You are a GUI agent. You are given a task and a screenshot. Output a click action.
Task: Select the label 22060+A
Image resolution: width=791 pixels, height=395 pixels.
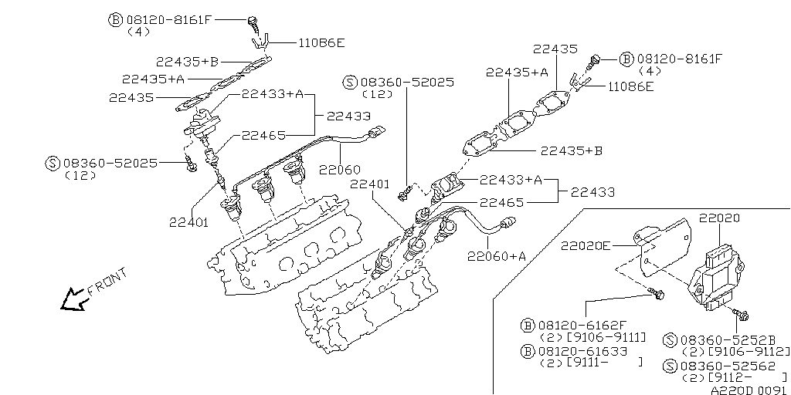(496, 256)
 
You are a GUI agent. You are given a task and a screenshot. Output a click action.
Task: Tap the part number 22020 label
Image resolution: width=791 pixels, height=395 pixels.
(719, 218)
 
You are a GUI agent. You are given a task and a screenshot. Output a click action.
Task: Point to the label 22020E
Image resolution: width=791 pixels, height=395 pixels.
(585, 246)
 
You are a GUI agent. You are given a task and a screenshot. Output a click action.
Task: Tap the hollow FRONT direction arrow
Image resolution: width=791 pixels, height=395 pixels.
(74, 299)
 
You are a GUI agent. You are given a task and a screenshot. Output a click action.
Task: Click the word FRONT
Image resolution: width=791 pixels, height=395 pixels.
(107, 282)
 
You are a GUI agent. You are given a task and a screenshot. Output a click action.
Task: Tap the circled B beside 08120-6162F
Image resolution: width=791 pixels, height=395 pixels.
(528, 325)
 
